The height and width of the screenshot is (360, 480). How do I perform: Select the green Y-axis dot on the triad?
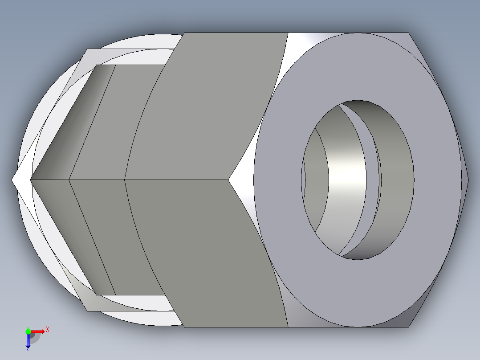click(28, 331)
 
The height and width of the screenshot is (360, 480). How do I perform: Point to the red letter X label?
click(48, 330)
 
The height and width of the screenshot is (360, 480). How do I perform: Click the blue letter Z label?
click(28, 350)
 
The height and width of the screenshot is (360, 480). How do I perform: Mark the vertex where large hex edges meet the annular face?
click(229, 180)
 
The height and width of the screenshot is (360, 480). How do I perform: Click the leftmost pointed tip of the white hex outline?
click(12, 180)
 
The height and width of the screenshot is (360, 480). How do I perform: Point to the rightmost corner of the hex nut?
click(468, 180)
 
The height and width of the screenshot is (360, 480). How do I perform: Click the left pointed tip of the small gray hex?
click(31, 180)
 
